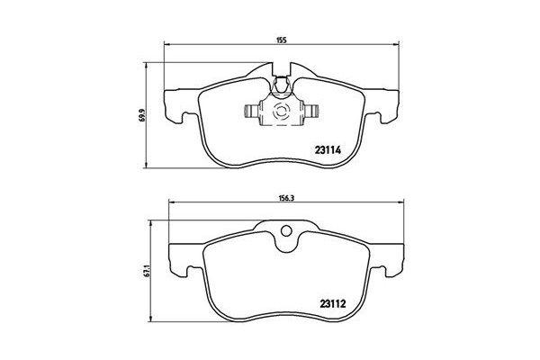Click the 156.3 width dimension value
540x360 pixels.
pyautogui.click(x=282, y=202)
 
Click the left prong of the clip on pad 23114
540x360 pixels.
pyautogui.click(x=249, y=112)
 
